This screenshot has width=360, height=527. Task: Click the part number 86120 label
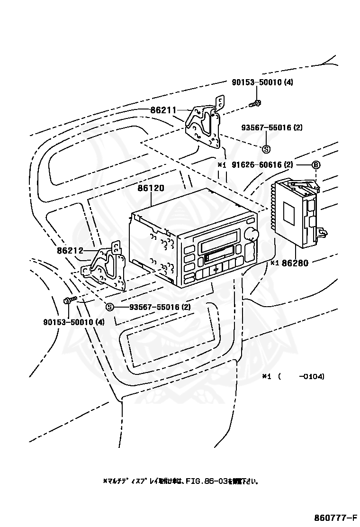pos(151,188)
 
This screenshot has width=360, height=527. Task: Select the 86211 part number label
pos(163,110)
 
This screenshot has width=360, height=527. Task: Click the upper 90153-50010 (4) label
pos(262,82)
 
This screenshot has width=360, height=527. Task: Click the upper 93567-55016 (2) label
pos(272,127)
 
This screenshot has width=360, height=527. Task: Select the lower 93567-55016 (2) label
pos(160,307)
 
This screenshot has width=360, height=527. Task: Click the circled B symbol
pos(316,165)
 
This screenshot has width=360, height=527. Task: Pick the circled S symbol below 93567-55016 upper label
pos(266,148)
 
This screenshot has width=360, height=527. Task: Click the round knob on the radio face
pos(252,233)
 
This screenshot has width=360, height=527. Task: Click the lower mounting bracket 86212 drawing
pos(106,268)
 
